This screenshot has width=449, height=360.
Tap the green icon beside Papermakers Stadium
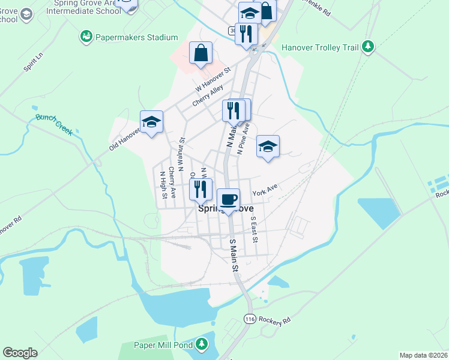tap(86, 37)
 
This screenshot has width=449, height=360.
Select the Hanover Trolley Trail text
tap(319, 47)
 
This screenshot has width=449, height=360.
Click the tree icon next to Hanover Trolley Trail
tap(367, 47)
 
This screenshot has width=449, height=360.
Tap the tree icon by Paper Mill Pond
tap(202, 344)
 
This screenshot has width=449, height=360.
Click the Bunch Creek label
tap(53, 125)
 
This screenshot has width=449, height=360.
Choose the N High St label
tap(163, 185)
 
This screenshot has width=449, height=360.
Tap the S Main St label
tap(234, 254)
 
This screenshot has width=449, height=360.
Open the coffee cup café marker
tap(228, 200)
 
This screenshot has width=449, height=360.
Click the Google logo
tap(20, 353)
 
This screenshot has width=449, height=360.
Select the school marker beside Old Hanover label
tap(152, 122)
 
